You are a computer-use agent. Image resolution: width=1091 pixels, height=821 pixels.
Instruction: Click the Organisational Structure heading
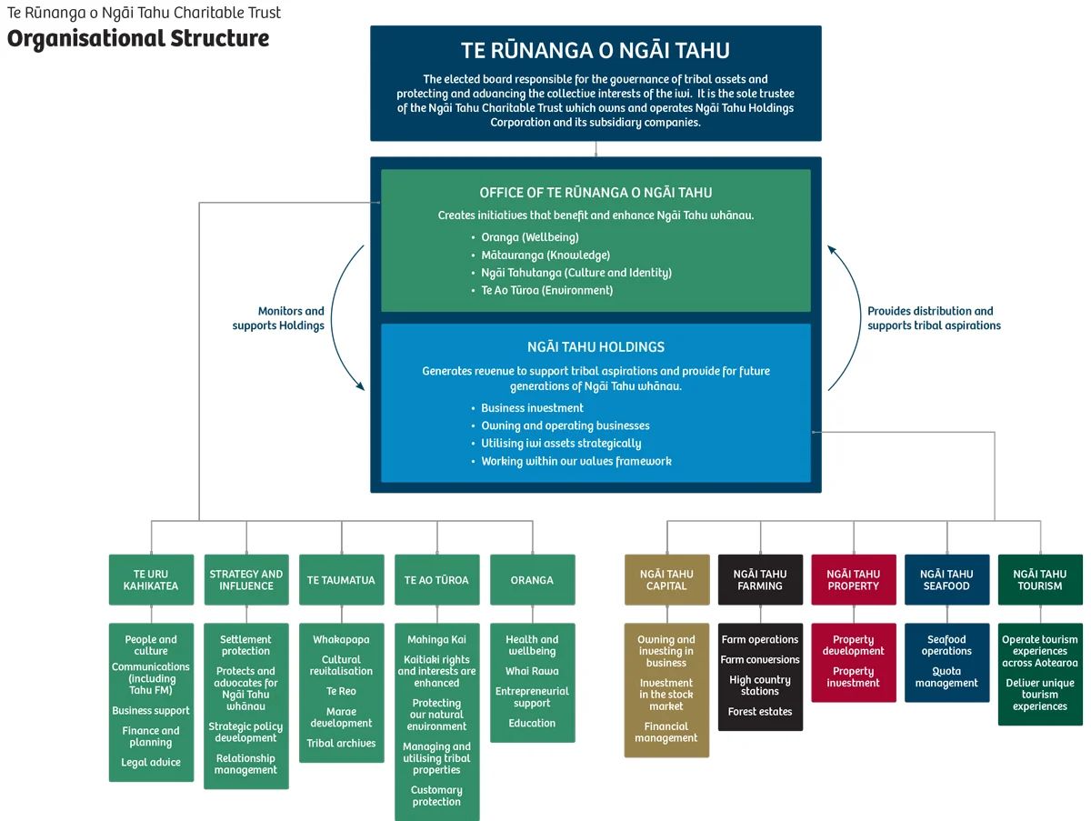[x=138, y=39]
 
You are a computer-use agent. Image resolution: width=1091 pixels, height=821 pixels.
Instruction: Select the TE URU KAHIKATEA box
[x=151, y=580]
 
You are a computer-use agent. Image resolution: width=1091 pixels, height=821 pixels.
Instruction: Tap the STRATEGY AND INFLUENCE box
[x=246, y=580]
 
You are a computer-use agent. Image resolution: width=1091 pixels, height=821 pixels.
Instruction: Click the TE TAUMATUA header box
[x=341, y=580]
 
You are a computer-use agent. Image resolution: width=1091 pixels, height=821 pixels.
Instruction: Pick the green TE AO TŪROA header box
[x=436, y=580]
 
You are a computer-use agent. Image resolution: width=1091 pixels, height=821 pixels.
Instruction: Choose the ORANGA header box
[x=532, y=580]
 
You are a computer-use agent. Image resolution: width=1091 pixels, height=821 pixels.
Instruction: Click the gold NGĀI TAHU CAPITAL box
[x=666, y=580]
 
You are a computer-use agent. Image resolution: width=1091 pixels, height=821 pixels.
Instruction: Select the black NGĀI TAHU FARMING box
[x=760, y=580]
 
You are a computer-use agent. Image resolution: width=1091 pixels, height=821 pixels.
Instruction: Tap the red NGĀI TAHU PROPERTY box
[x=854, y=580]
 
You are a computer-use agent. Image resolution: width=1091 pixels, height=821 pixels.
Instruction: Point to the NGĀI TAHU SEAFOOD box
[x=946, y=580]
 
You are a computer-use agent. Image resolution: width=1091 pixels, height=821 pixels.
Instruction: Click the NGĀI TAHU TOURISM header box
[x=1040, y=580]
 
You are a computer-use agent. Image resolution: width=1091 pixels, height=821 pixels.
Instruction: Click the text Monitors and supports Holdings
[x=278, y=318]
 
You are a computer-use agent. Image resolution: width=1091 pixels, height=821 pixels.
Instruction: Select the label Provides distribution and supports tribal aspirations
[x=934, y=318]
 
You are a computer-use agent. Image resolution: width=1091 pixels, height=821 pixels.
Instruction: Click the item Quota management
[x=946, y=677]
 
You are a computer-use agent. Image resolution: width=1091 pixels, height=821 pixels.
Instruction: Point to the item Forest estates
[x=760, y=712]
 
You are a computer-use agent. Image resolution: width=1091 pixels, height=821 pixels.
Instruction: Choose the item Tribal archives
[x=341, y=744]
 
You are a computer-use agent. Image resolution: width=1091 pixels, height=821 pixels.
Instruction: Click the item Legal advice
[x=151, y=763]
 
